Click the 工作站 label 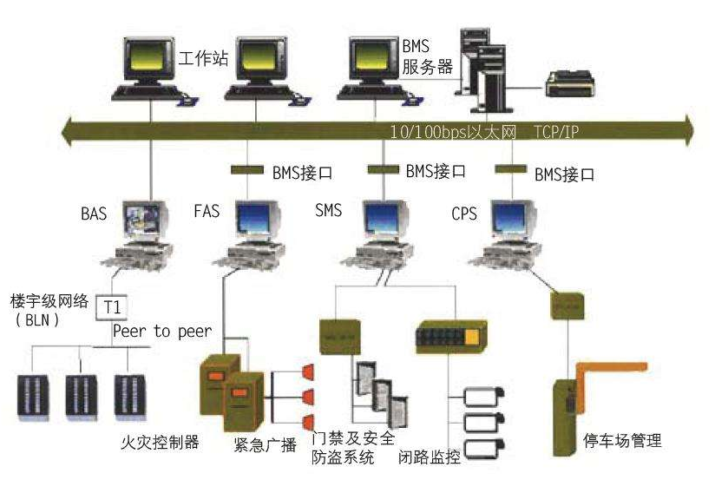205,59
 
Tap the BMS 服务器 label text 424,54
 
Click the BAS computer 142,228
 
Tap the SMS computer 383,227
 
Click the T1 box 112,306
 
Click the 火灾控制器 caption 159,443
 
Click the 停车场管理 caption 622,440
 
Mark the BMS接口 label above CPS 563,174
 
